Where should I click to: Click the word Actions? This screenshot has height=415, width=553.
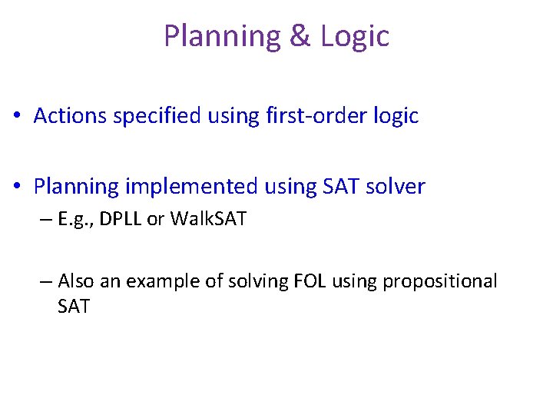71,116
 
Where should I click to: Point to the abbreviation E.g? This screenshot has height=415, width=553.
75,220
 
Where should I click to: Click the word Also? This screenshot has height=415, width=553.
77,281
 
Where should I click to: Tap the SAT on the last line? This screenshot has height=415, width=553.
74,307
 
